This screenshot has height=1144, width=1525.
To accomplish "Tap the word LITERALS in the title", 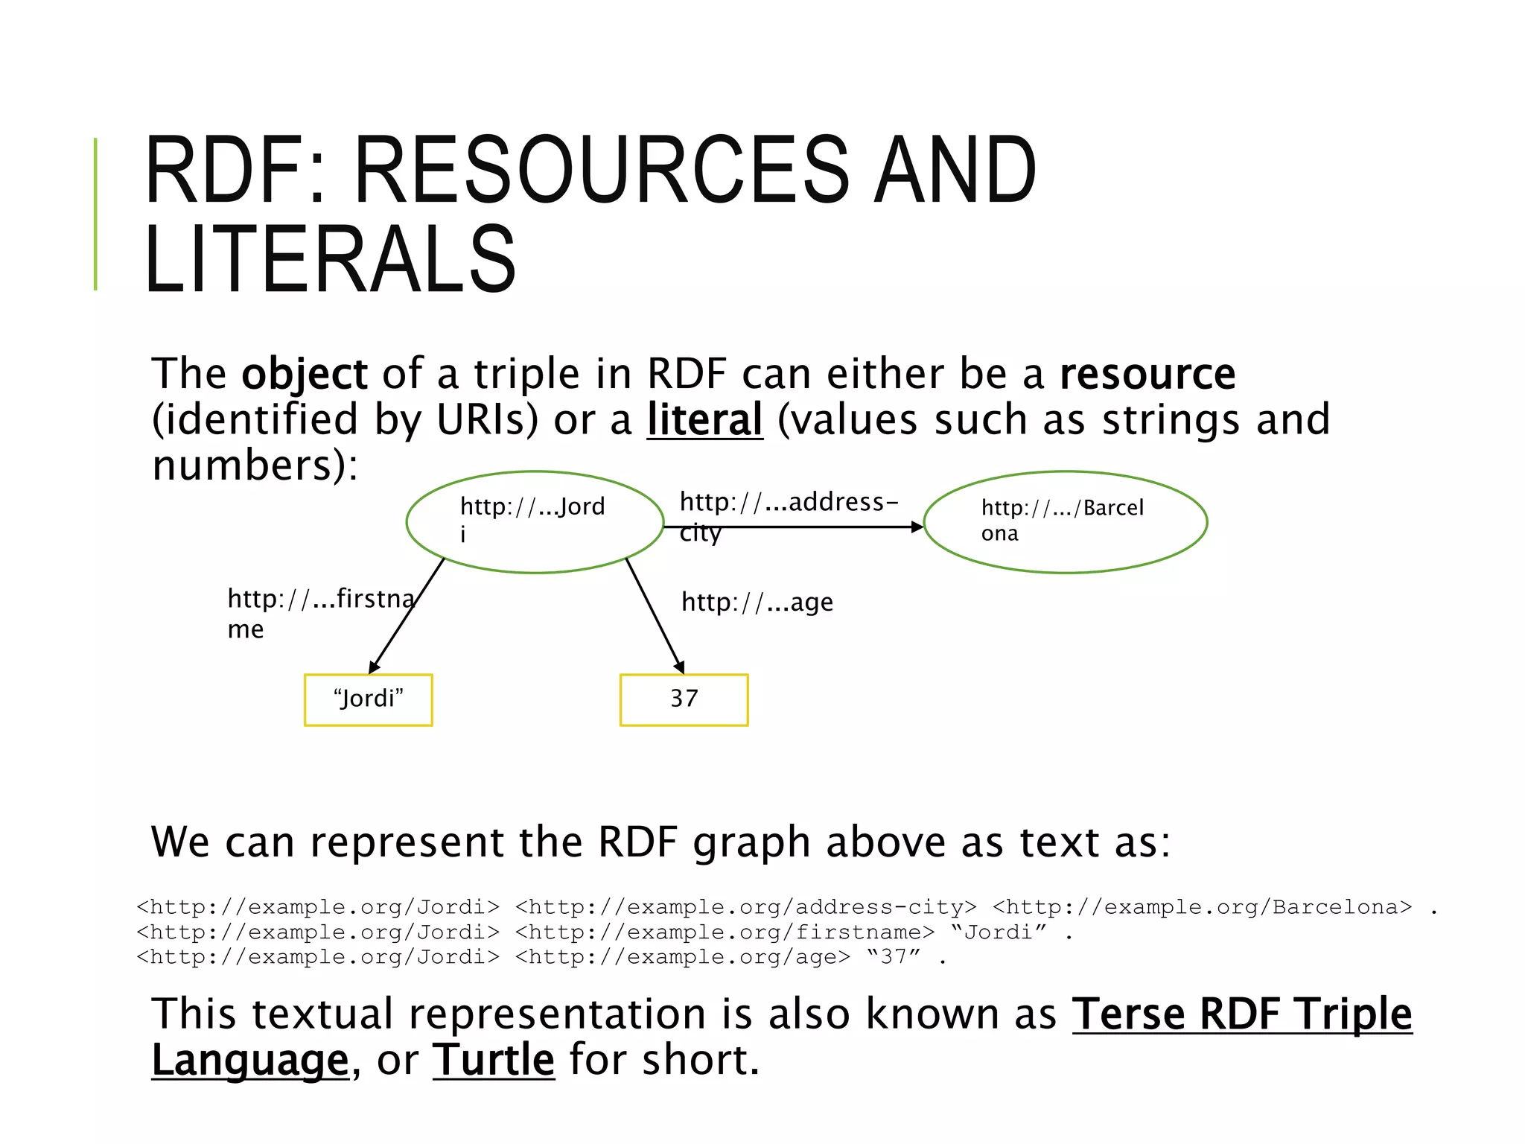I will (330, 258).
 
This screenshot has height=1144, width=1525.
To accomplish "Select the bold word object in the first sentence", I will (304, 374).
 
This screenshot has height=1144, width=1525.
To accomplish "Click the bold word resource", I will (1147, 374).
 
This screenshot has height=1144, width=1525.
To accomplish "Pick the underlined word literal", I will (704, 419).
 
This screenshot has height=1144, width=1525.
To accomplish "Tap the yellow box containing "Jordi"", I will (369, 699).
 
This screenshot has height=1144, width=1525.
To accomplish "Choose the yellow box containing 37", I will (684, 699).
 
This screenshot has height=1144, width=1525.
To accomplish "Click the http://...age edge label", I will (757, 602).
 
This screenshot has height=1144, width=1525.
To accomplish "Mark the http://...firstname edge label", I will (320, 612).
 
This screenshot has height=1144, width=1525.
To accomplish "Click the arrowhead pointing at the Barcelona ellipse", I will (917, 527).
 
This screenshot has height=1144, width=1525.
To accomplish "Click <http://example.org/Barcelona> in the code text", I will (1202, 907).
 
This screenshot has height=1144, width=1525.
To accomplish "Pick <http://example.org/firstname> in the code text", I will (724, 932).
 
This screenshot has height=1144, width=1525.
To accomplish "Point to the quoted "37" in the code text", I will (894, 957).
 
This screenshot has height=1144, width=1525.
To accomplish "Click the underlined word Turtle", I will (494, 1060).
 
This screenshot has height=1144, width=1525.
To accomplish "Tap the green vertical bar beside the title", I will (95, 214).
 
